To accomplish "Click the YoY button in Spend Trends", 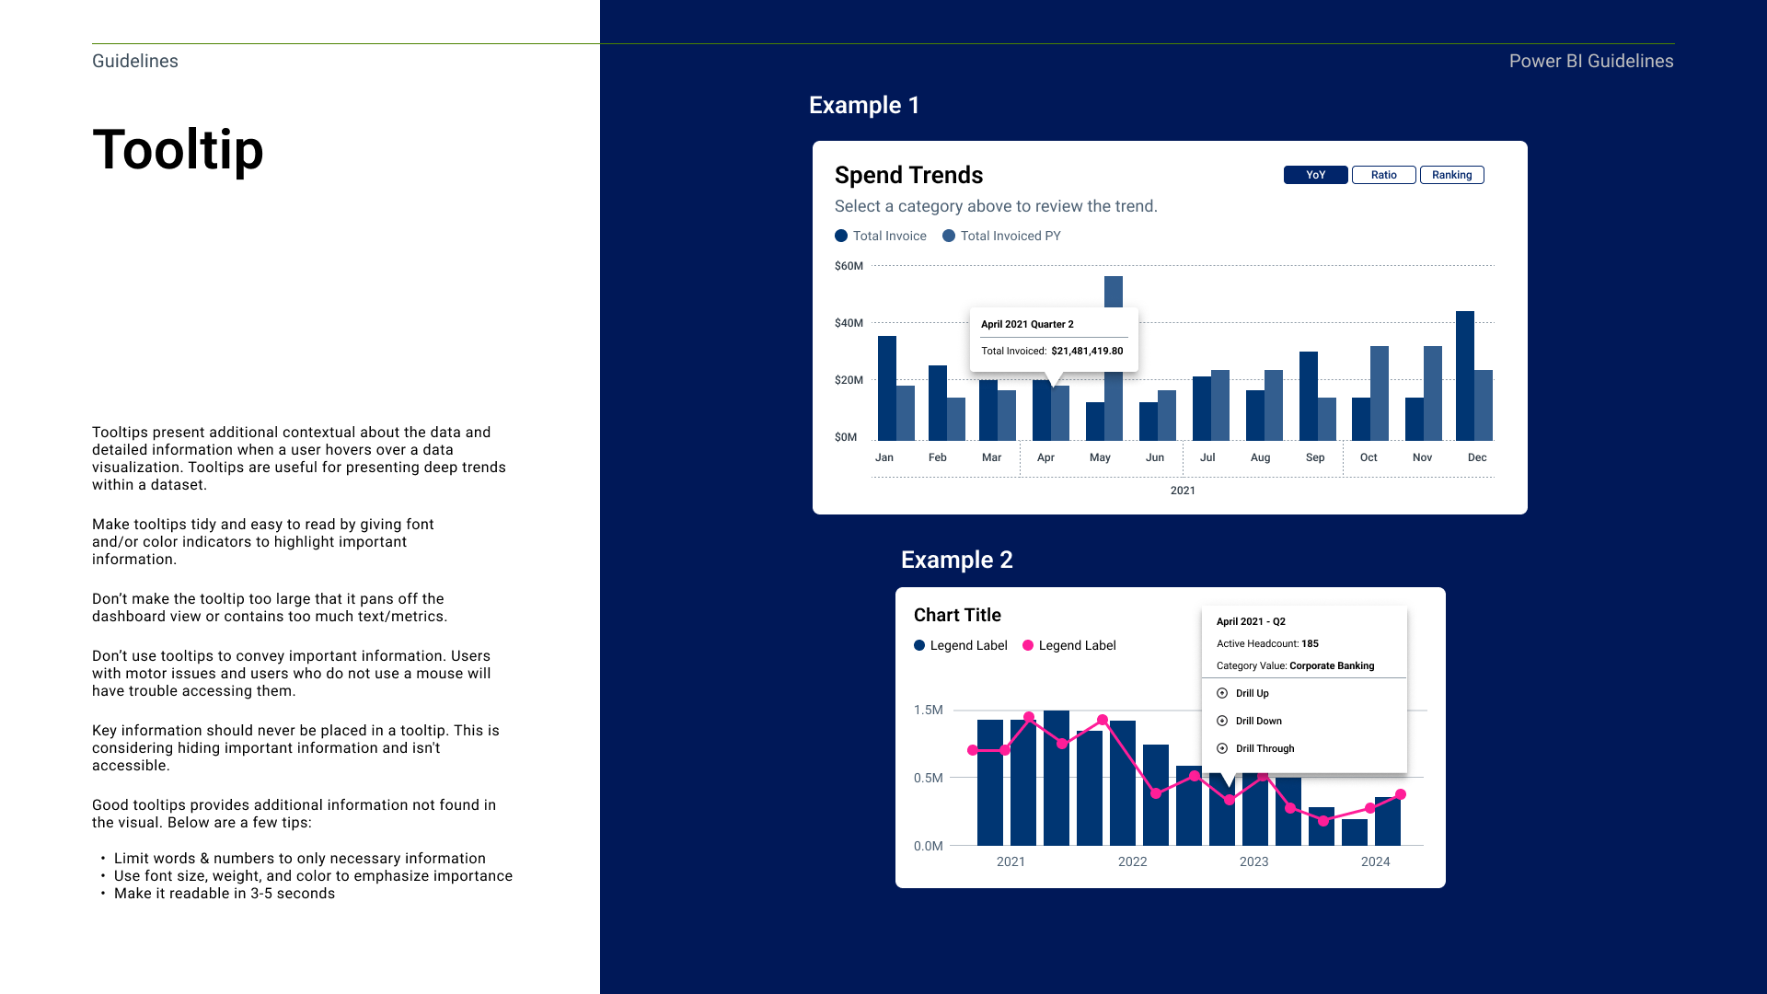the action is [1316, 175].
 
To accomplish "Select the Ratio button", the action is [1384, 175].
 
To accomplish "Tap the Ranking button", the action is [1452, 175].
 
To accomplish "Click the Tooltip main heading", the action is [178, 149].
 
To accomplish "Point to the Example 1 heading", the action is [864, 105].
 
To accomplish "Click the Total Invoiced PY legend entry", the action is [1001, 236].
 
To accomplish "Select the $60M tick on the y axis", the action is [849, 266].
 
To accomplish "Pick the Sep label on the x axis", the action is [1315, 457].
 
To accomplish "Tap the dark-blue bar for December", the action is [1465, 376].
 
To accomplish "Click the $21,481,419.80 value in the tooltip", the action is [1087, 351].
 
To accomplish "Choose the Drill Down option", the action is [1258, 721].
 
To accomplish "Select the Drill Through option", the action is [1265, 748].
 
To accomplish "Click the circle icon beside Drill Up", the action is [1222, 693].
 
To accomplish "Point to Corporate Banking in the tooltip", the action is [1332, 665].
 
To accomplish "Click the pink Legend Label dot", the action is [1028, 645].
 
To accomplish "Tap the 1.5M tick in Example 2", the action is [928, 710].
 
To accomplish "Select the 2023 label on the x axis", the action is [1253, 861].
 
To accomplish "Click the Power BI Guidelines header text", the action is [1591, 61].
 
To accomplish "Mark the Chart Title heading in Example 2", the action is [957, 615].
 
